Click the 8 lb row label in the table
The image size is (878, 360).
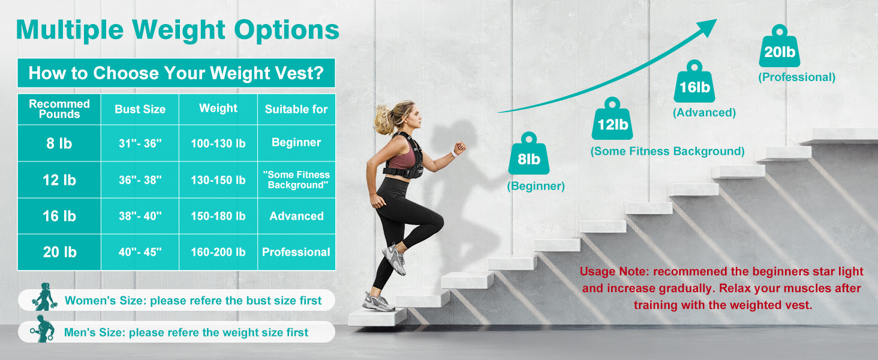pyautogui.click(x=59, y=143)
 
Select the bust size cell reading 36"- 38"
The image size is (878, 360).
pyautogui.click(x=140, y=180)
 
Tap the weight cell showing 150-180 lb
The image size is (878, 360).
pyautogui.click(x=218, y=216)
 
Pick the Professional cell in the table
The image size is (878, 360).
pyautogui.click(x=296, y=252)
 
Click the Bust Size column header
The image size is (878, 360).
pyautogui.click(x=140, y=109)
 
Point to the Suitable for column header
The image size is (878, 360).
pyautogui.click(x=296, y=109)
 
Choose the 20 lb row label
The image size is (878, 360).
pyautogui.click(x=59, y=252)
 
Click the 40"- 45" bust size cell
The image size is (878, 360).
pyautogui.click(x=140, y=252)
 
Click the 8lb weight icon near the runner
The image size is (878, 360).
pyautogui.click(x=528, y=154)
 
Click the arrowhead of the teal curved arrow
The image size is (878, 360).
pyautogui.click(x=708, y=27)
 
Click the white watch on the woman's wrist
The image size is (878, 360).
pyautogui.click(x=454, y=153)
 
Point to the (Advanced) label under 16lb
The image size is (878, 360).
pyautogui.click(x=703, y=112)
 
